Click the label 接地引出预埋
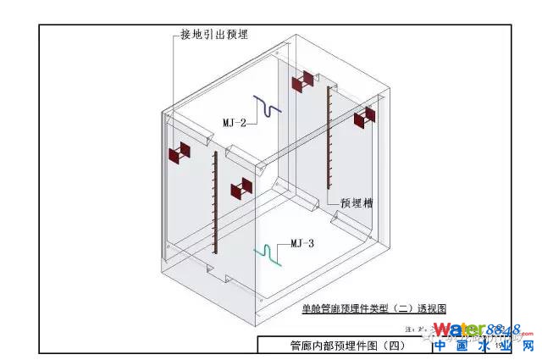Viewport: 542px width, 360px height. pos(215,34)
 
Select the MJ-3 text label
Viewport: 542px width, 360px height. pos(302,243)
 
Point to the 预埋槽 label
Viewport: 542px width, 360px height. pos(357,203)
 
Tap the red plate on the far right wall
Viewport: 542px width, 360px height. pos(366,119)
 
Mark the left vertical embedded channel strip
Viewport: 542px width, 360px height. pos(216,202)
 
